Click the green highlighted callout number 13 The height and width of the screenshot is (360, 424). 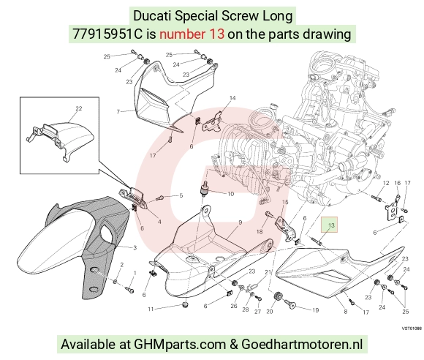[331, 225]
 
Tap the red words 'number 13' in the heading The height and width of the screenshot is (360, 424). [192, 34]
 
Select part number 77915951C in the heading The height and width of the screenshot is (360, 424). [107, 34]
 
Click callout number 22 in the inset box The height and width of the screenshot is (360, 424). [78, 108]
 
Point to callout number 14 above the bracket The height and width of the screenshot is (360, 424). [232, 98]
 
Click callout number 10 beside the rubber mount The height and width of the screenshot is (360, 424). [231, 194]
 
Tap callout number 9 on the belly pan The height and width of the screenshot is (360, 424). [240, 222]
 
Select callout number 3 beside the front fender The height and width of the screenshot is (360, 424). [135, 247]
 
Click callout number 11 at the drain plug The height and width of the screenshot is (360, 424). [151, 309]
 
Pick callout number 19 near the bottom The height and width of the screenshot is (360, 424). [316, 310]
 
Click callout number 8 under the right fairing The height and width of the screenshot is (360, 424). [345, 312]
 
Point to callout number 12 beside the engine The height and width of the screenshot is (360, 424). [386, 183]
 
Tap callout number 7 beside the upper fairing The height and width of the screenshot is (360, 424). [118, 111]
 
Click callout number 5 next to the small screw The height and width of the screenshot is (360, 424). [181, 195]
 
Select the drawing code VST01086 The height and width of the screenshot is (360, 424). [412, 329]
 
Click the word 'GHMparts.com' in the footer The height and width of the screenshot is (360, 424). [180, 345]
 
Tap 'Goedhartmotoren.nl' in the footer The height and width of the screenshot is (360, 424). [302, 345]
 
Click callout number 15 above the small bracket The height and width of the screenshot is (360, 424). [285, 202]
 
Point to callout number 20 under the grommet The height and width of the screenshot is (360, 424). [270, 311]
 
